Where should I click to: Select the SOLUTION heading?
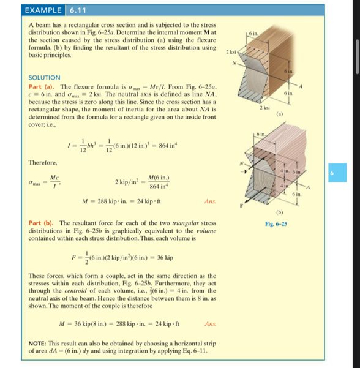45,78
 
